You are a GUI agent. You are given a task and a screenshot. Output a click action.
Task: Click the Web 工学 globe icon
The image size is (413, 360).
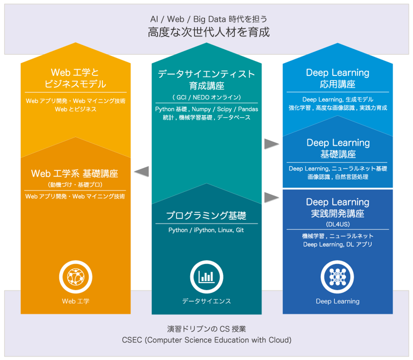(x=76, y=277)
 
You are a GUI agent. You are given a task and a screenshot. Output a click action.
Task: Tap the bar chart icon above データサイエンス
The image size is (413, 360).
(x=206, y=277)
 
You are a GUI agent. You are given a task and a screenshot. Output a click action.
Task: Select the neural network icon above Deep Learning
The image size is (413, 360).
(x=337, y=277)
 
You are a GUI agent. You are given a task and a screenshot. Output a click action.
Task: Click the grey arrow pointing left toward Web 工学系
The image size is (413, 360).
(x=142, y=172)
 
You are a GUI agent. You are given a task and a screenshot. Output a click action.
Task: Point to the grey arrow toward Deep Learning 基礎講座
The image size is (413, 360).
(x=271, y=144)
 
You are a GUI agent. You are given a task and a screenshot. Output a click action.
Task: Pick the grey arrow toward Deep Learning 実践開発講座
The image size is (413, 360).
(x=271, y=197)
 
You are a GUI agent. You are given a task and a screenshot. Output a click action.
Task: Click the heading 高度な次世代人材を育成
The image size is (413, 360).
(x=209, y=32)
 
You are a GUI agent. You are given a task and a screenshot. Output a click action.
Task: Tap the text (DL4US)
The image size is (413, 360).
(x=338, y=224)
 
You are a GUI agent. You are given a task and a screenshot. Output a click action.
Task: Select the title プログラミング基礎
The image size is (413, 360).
(x=206, y=215)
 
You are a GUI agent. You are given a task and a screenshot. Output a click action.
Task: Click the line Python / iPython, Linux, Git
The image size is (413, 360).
(x=206, y=230)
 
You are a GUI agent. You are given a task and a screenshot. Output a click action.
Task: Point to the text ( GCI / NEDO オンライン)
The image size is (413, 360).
(x=206, y=97)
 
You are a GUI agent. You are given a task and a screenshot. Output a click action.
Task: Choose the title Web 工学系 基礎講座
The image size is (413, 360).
(x=75, y=174)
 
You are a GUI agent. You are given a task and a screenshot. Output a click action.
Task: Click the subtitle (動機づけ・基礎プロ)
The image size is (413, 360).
(x=75, y=184)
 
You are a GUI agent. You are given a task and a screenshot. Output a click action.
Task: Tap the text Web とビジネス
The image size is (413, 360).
(x=76, y=109)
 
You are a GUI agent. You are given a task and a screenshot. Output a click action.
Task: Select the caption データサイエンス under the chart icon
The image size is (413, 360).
(x=206, y=301)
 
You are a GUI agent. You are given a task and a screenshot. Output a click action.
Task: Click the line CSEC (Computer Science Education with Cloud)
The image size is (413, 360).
(x=206, y=340)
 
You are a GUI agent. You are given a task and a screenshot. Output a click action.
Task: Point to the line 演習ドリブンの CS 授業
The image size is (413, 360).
(x=206, y=329)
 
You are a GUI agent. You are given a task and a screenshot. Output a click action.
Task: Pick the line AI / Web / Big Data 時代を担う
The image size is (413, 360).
(x=209, y=19)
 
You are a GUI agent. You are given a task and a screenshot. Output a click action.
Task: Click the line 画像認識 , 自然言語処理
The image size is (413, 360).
(x=338, y=177)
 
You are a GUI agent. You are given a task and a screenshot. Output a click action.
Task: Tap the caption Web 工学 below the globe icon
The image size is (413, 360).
(x=76, y=301)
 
